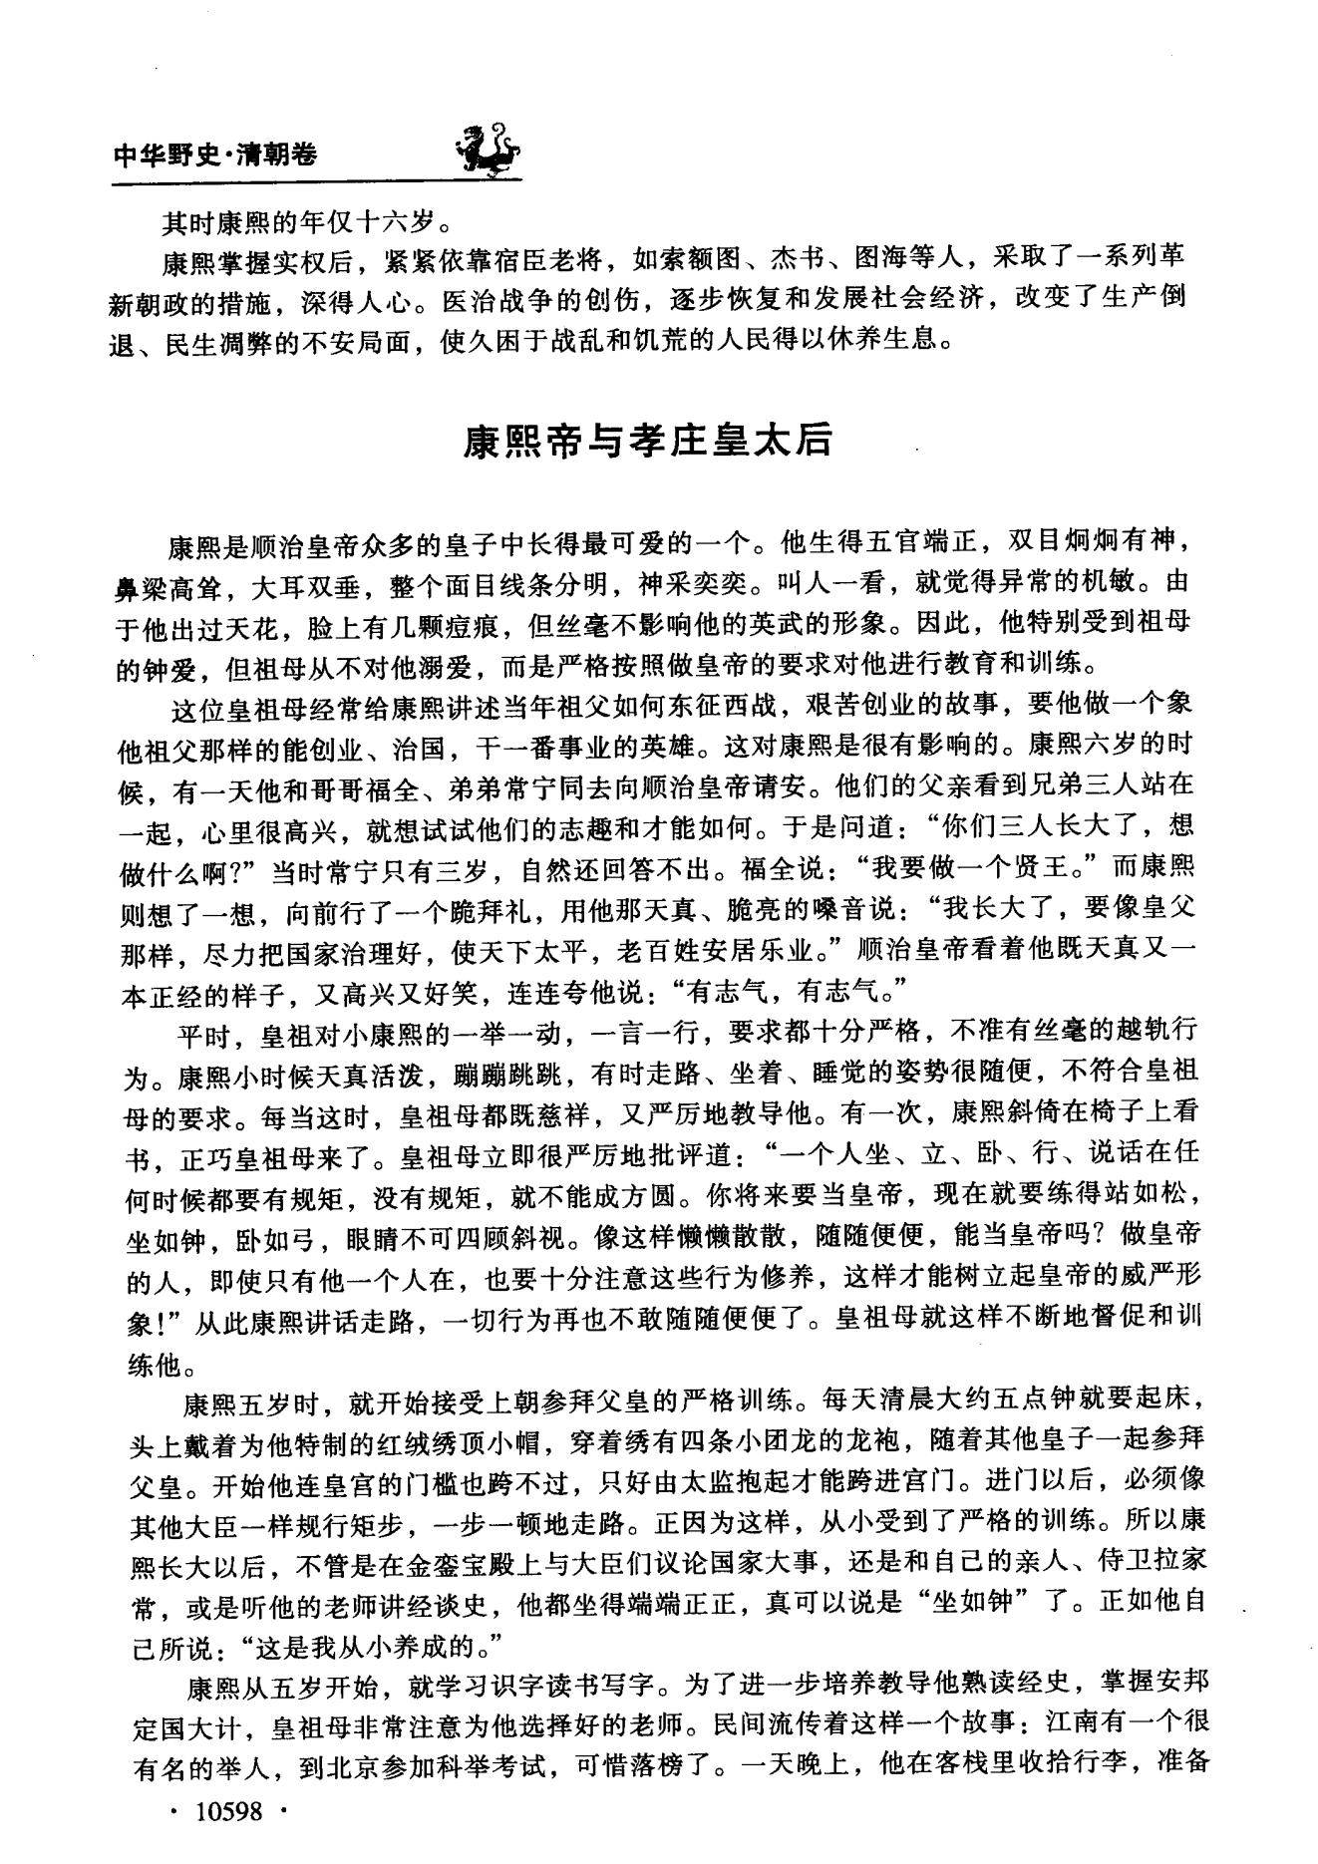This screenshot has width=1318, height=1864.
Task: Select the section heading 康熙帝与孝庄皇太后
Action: (647, 440)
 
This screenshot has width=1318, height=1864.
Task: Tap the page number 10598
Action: (229, 1810)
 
